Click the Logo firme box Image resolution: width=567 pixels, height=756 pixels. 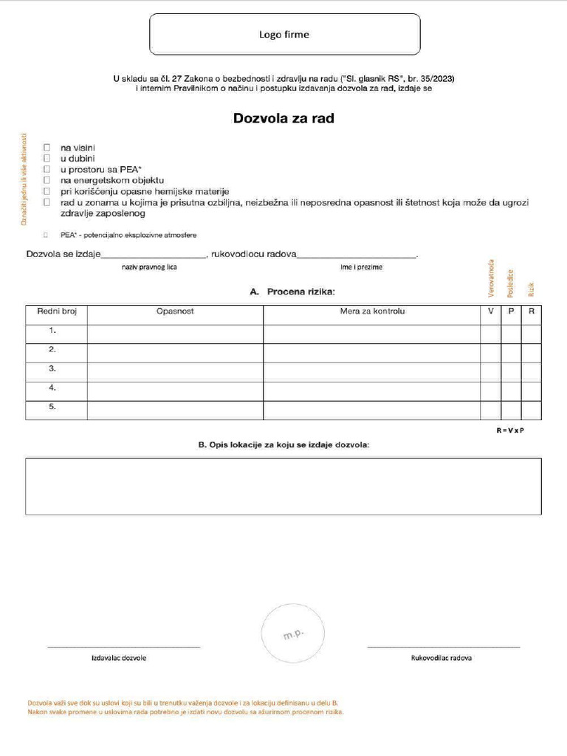(x=284, y=34)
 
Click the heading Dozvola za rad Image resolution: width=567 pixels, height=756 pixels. (x=283, y=118)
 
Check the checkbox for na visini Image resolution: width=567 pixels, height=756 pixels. (x=47, y=148)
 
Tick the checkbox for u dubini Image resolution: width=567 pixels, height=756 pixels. (x=47, y=158)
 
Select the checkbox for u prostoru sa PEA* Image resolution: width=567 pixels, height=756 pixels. (x=47, y=169)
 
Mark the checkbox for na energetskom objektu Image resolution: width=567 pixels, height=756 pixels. (x=47, y=179)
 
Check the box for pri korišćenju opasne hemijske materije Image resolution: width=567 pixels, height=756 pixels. (x=47, y=190)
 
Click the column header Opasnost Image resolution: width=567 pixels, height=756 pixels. (x=175, y=312)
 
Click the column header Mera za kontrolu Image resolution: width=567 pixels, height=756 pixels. (x=372, y=312)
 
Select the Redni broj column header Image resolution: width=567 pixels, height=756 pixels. (x=57, y=312)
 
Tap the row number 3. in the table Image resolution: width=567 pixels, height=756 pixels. (x=52, y=368)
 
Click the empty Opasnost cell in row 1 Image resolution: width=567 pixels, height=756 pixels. (x=175, y=334)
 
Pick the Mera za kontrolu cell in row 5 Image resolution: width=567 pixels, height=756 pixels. (x=372, y=410)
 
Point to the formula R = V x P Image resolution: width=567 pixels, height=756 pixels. (x=509, y=430)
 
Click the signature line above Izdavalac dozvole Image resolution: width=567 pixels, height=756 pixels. (x=123, y=647)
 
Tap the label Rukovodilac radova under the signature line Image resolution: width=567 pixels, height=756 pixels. (x=441, y=658)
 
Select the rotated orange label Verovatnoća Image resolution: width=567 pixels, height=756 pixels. (x=492, y=278)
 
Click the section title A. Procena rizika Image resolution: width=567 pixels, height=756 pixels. (x=292, y=292)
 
